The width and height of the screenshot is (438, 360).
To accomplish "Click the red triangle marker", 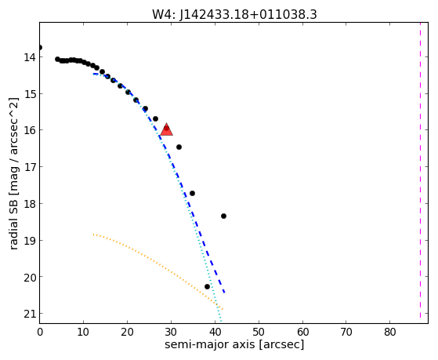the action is tap(166, 129).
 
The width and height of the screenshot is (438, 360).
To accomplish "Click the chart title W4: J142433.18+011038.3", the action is tap(234, 15).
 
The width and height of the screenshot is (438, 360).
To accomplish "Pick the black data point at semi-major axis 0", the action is tap(40, 47).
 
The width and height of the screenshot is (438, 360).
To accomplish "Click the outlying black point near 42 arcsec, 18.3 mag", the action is tap(223, 216).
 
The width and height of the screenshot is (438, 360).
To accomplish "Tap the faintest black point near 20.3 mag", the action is tap(207, 287).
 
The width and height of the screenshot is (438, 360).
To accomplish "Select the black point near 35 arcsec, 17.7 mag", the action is tap(192, 193).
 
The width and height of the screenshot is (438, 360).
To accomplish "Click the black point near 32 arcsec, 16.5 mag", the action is tap(179, 147).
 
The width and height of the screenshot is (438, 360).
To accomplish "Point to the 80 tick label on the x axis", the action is tap(389, 333).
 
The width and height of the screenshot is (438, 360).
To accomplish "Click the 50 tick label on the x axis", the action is tap(259, 333).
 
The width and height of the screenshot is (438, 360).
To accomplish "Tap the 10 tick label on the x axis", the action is tap(83, 333).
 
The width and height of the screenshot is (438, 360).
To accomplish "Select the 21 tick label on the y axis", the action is tap(30, 314).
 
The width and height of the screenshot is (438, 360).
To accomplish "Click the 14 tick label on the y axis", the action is tap(30, 57).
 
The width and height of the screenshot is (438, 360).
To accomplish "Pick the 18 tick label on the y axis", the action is tap(30, 204).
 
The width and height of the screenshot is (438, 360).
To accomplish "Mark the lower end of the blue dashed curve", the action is tap(224, 293).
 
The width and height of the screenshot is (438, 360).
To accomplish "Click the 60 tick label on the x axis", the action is tap(302, 333).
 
